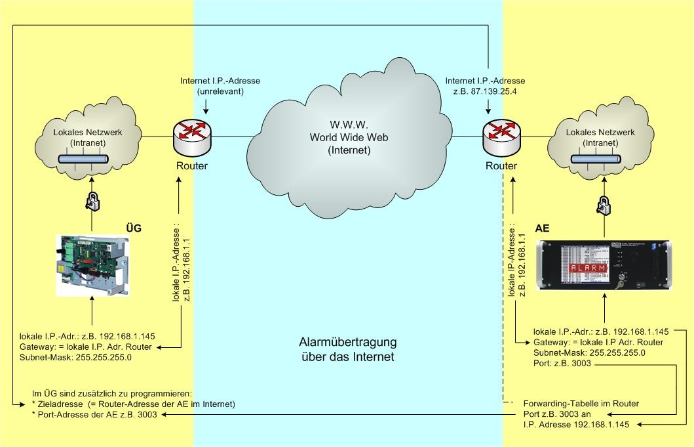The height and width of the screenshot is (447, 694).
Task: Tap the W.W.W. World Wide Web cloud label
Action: click(340, 138)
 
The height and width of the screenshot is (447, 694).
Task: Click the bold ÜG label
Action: click(134, 228)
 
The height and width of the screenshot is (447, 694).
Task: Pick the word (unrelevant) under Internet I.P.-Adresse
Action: click(220, 91)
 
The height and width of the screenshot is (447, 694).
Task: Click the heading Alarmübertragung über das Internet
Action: click(347, 350)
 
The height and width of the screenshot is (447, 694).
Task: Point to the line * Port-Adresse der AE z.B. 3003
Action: click(94, 414)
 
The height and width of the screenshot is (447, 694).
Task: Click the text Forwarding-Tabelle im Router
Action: click(581, 403)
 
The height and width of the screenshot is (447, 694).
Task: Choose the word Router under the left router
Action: click(192, 165)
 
